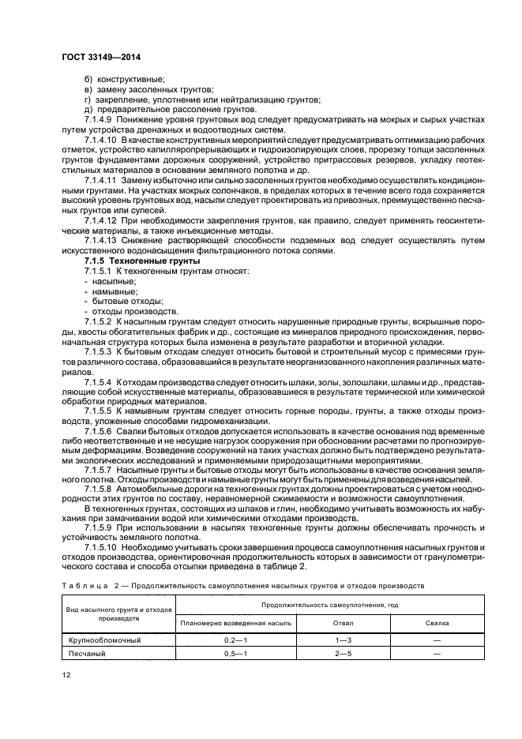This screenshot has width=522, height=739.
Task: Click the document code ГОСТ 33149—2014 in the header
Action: (x=96, y=57)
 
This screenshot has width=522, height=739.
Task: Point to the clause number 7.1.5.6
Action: (x=100, y=433)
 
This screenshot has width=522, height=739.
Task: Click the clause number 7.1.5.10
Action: (x=102, y=546)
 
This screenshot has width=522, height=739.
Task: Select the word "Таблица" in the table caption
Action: (x=84, y=586)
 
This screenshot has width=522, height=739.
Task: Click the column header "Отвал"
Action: (x=344, y=623)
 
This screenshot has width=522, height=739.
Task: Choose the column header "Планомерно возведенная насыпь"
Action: (x=236, y=623)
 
